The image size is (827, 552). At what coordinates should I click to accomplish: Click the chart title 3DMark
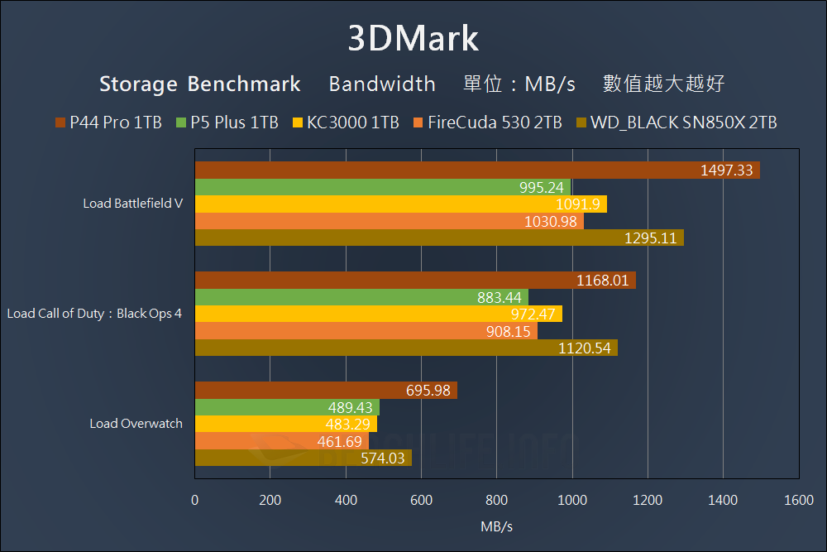(413, 38)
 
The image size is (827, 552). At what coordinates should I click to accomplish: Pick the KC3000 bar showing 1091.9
(400, 204)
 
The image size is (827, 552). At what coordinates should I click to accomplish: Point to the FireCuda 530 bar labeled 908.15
(366, 331)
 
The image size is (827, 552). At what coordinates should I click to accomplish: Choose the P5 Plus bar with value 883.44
(361, 297)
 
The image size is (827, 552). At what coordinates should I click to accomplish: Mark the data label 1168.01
(603, 281)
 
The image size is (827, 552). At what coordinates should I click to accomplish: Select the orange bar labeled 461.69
(281, 441)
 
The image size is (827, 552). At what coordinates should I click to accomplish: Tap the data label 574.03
(385, 458)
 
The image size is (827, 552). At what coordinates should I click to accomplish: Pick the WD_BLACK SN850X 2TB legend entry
(676, 122)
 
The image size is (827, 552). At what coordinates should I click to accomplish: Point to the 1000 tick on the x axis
(572, 500)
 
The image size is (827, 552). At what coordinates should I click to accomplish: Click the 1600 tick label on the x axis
(798, 500)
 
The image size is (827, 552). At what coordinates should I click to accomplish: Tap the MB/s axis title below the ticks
(496, 526)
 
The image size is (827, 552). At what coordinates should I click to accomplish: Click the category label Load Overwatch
(136, 424)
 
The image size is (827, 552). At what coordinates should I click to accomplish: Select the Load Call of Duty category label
(94, 314)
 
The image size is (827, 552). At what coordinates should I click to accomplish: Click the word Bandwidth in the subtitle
(382, 84)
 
